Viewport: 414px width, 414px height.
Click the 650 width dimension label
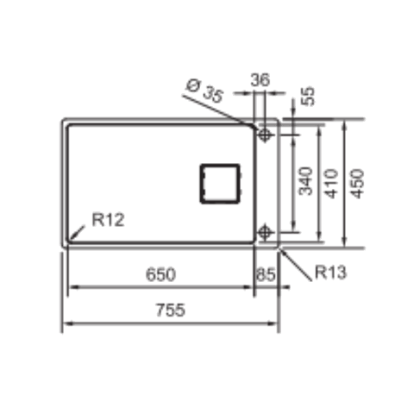(x=160, y=274)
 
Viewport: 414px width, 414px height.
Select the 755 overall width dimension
(x=170, y=310)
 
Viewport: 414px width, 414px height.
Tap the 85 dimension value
(x=266, y=274)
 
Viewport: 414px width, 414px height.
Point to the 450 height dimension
(x=357, y=184)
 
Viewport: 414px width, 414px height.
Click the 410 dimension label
(x=331, y=184)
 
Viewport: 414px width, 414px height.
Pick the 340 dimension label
(x=305, y=181)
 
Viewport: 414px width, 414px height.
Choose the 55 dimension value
(x=308, y=97)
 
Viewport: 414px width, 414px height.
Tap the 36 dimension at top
(x=260, y=80)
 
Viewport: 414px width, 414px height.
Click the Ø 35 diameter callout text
(x=204, y=91)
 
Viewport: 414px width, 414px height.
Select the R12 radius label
(x=108, y=220)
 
